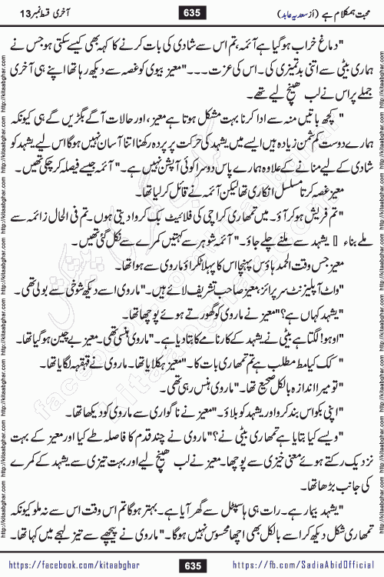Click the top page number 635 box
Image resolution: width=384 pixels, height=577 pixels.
coord(191,12)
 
